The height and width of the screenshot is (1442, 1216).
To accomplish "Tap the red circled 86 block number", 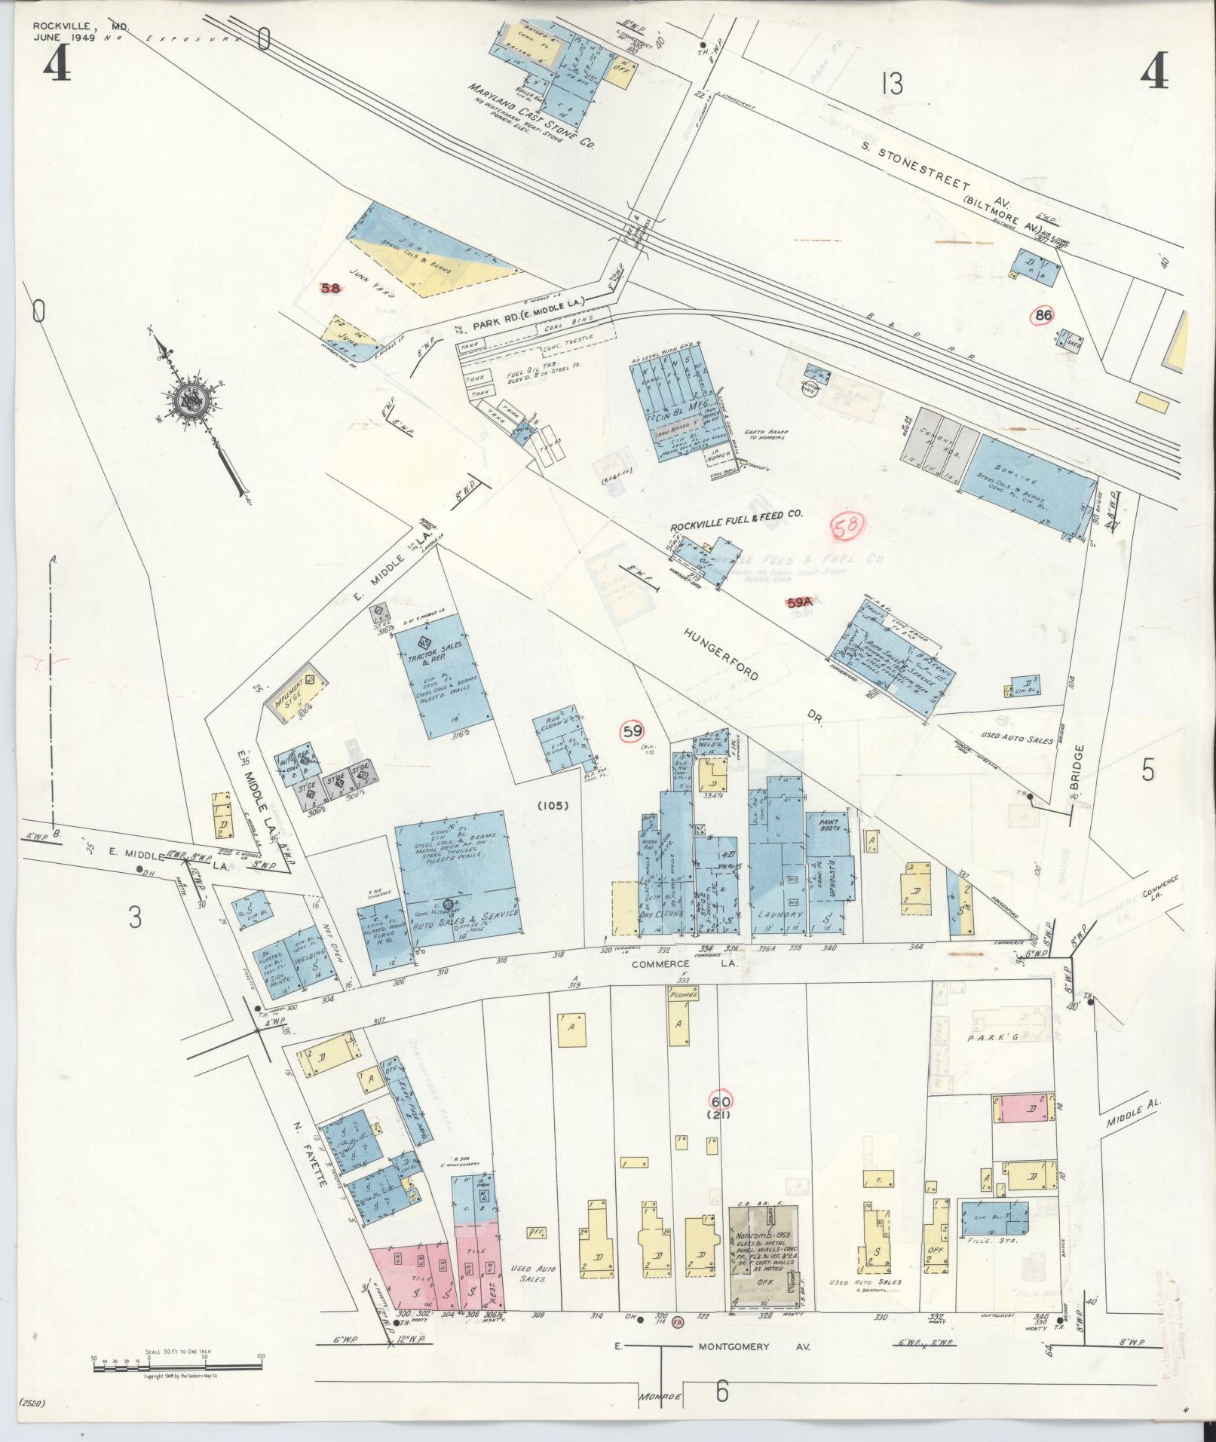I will coord(1044,316).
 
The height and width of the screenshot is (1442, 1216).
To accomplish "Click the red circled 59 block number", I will coord(632,731).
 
